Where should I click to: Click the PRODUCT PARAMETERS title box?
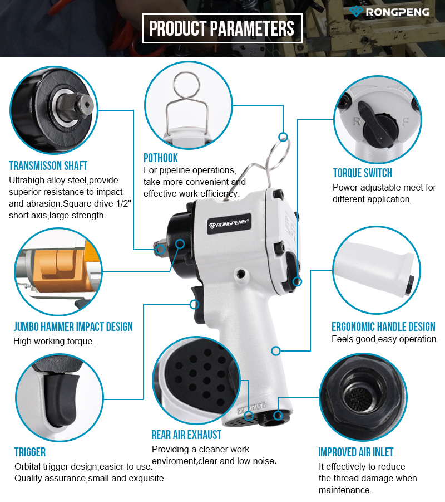222,28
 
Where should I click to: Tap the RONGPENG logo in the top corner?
389,12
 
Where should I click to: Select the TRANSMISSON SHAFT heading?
48,165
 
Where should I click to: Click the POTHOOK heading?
161,158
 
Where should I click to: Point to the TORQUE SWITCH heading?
363,173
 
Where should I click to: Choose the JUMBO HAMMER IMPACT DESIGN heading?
73,326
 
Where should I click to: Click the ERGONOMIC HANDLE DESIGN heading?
383,326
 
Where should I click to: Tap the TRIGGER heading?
30,452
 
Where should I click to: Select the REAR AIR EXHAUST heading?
186,435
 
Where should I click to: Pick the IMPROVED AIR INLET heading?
356,452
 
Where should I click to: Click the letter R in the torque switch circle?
357,121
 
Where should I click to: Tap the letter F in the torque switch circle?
406,122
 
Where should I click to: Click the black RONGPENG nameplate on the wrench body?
229,224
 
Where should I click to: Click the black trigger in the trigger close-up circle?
61,400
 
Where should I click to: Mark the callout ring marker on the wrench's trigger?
194,304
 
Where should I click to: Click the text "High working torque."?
54,342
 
